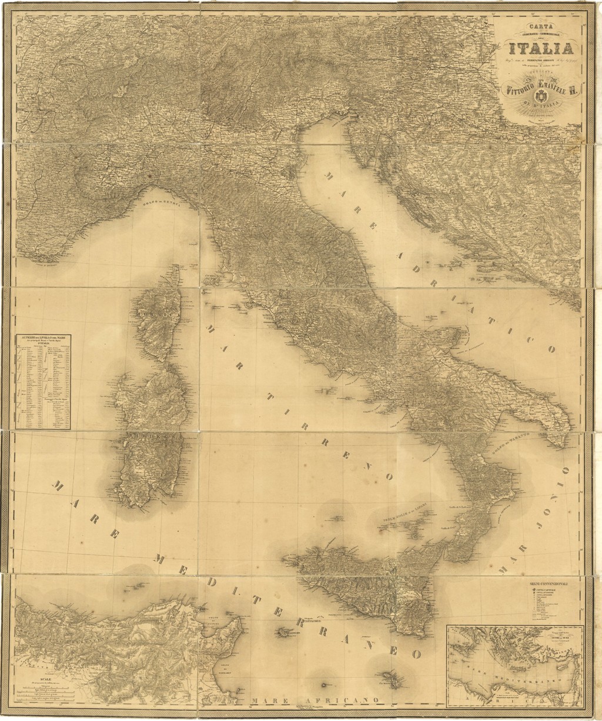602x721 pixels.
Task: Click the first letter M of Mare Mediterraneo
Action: pyautogui.click(x=56, y=486)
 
